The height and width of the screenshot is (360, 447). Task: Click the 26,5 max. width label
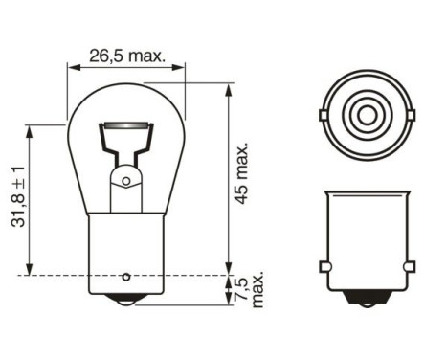tap(125, 56)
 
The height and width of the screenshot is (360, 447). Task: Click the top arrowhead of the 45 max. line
tap(228, 90)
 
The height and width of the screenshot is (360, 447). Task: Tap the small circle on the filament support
tap(124, 180)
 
